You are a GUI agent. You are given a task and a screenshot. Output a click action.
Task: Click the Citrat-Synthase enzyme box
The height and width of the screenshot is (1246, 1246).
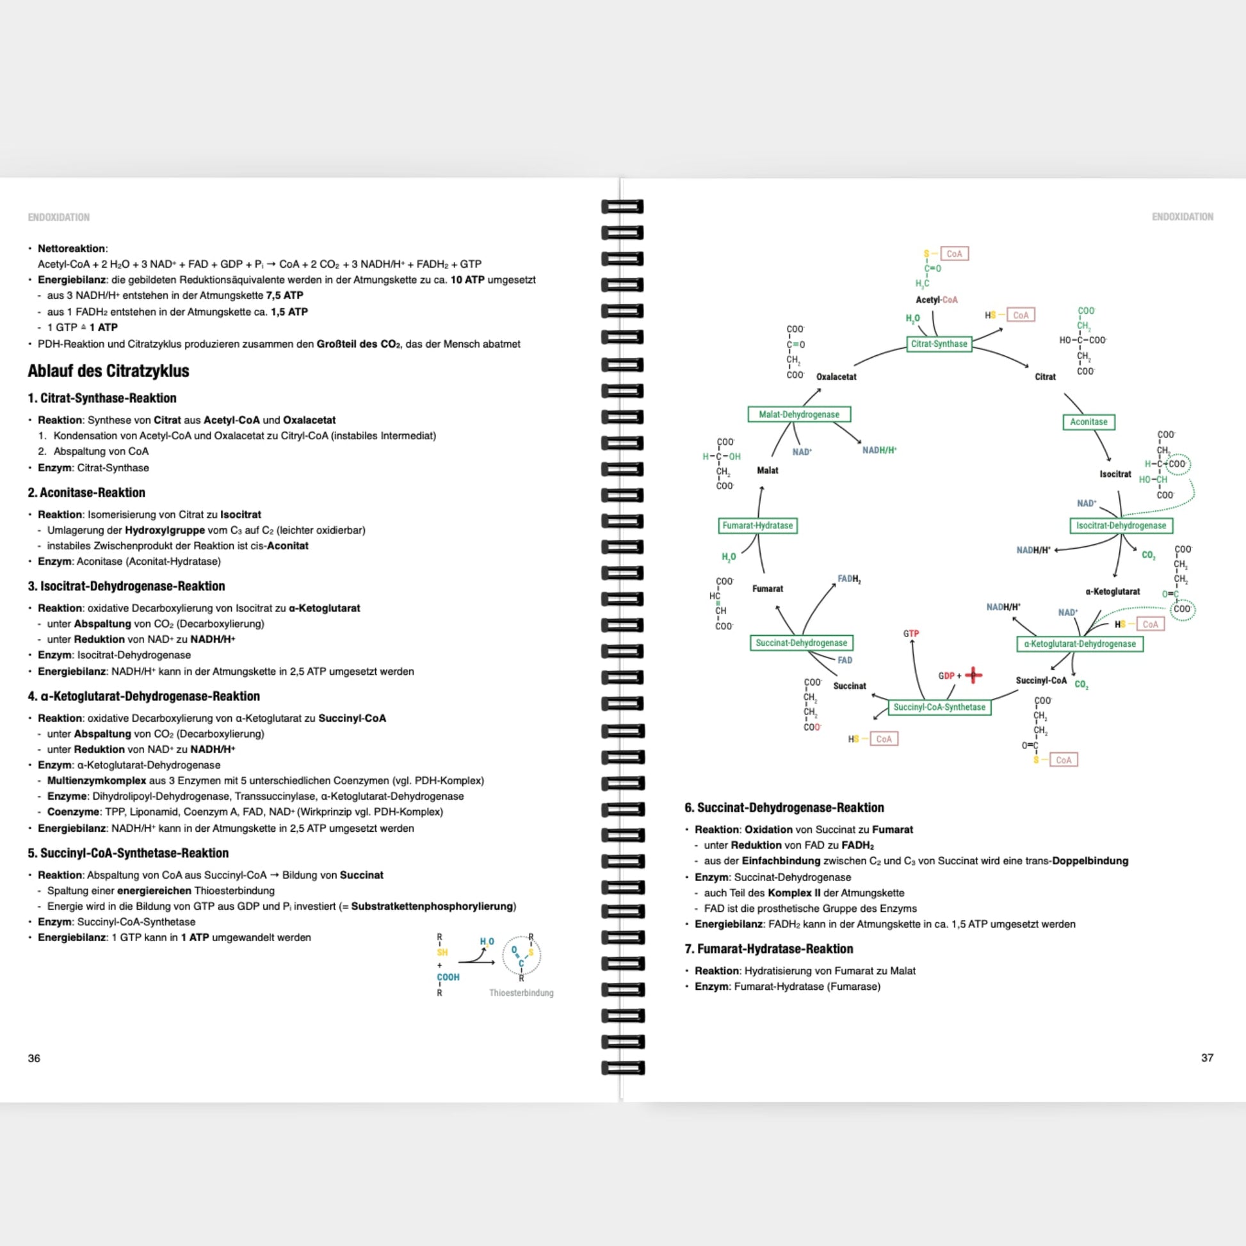point(939,344)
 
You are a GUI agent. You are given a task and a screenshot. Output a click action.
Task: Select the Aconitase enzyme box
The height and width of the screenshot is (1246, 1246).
point(1088,422)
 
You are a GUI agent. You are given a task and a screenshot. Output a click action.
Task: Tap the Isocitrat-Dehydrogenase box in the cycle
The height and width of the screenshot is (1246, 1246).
point(1121,526)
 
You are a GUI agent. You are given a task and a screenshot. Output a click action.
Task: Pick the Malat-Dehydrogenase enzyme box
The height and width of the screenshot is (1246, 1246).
point(798,414)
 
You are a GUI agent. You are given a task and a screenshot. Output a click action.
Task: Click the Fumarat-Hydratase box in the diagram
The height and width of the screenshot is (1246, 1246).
point(757,526)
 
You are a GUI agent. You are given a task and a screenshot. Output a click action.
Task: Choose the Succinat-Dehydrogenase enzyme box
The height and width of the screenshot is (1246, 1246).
point(801,643)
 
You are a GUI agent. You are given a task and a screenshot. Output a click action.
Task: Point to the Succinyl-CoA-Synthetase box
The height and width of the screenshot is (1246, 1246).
point(939,708)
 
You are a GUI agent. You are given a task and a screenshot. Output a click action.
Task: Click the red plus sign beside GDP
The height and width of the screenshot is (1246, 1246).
point(973,676)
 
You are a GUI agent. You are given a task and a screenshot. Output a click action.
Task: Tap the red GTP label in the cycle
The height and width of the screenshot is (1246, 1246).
point(910,634)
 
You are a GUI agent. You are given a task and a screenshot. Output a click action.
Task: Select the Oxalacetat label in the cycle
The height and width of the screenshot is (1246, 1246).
point(836,376)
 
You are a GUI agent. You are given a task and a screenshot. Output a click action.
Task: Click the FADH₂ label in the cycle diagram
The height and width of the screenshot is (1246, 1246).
point(849,579)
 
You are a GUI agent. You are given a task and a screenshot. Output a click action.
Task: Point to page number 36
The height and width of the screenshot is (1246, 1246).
point(34,1058)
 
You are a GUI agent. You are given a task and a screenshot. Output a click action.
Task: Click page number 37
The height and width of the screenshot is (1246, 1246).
point(1207,1058)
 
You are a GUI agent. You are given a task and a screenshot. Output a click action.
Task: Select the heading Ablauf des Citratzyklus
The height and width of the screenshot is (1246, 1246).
point(108,371)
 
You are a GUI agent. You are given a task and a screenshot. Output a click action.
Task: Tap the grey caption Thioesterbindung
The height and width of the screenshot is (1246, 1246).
point(521,993)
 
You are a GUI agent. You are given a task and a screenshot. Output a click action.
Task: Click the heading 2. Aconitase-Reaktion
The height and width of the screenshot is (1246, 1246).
point(86,493)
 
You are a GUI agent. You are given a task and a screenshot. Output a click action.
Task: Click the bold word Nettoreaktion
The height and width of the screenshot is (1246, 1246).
point(71,248)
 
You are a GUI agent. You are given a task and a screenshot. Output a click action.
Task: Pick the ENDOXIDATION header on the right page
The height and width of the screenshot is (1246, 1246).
point(1182,216)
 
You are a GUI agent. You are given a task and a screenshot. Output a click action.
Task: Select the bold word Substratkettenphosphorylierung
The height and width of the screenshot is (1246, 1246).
point(432,906)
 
